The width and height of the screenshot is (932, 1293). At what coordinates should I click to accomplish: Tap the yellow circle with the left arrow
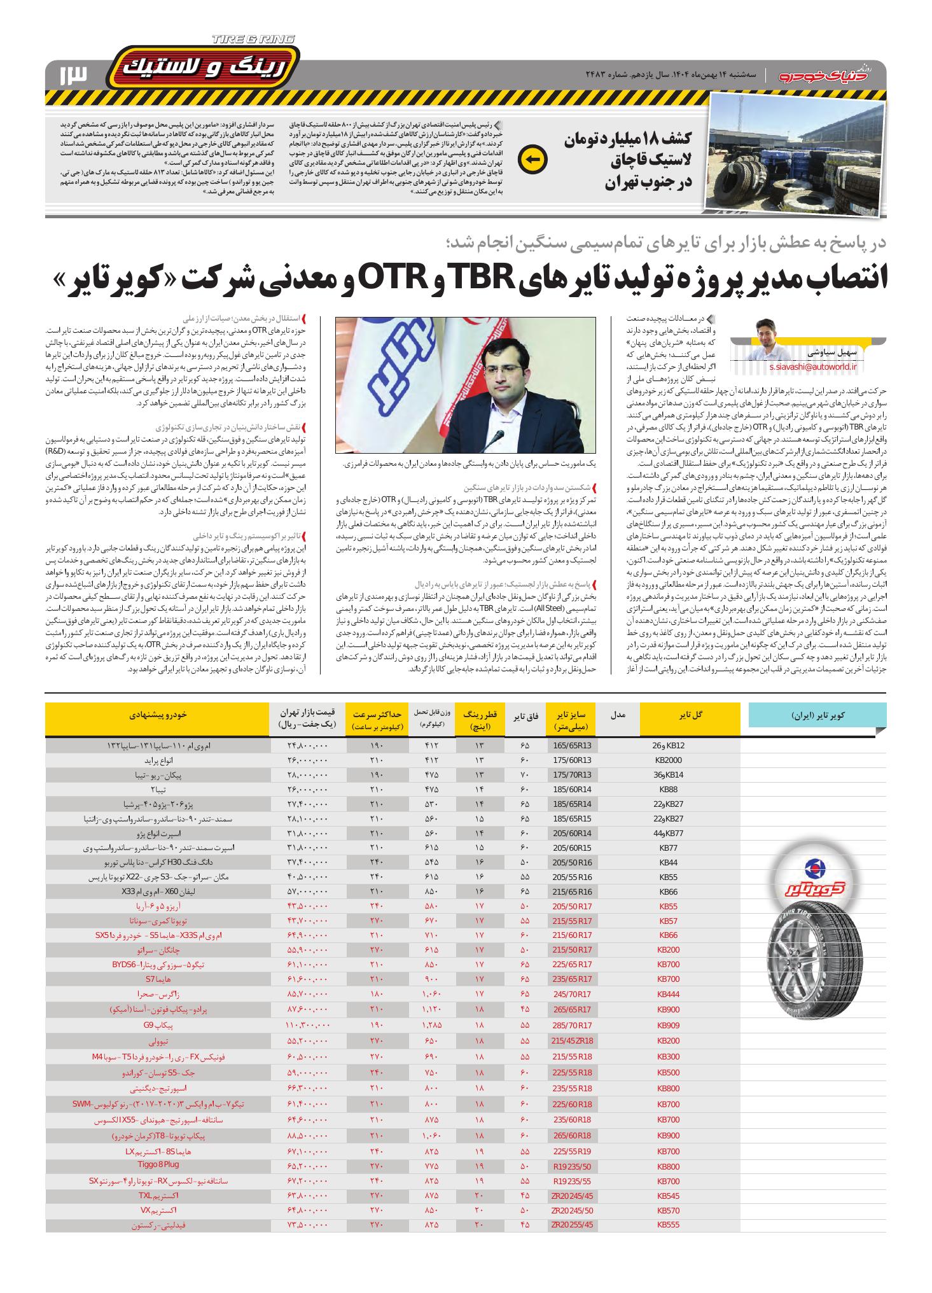(x=532, y=160)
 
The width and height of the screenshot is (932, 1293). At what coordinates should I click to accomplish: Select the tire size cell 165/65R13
(x=572, y=745)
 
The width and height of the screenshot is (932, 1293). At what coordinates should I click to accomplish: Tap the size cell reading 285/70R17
(x=572, y=1025)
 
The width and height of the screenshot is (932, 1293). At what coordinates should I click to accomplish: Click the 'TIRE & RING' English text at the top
(x=254, y=39)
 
